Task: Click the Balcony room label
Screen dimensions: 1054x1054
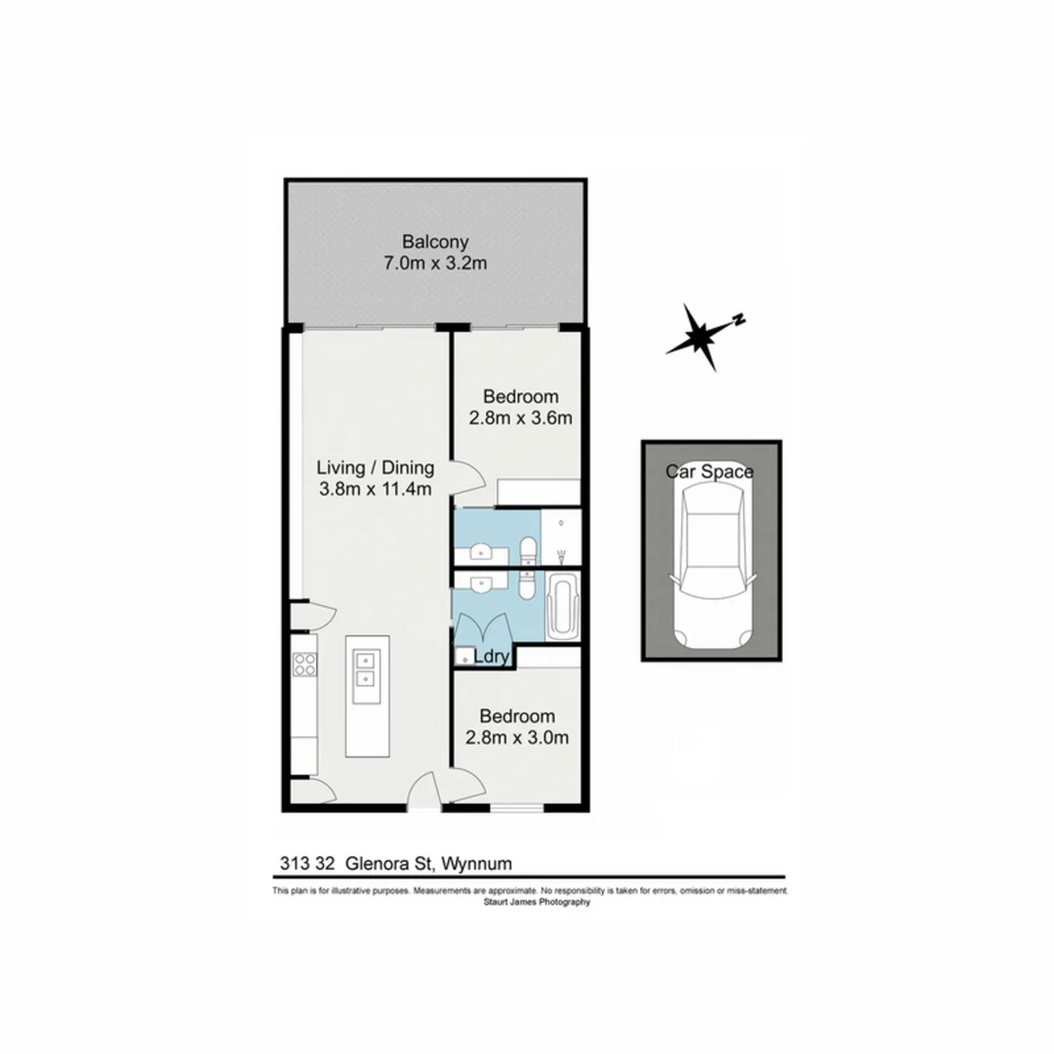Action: click(x=435, y=242)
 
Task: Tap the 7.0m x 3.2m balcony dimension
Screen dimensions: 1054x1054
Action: click(x=435, y=263)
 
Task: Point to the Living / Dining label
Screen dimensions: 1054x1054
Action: click(x=376, y=467)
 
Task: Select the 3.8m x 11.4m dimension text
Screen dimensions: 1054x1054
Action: click(x=376, y=489)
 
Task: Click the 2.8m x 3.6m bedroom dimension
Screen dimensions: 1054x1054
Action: click(x=521, y=418)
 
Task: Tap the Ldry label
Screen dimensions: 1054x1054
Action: click(x=492, y=658)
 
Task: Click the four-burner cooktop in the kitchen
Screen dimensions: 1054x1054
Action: click(x=304, y=665)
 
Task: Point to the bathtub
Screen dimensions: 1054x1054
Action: click(x=563, y=607)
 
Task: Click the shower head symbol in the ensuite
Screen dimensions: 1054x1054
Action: click(x=562, y=554)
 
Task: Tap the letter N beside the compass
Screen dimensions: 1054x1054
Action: click(x=740, y=319)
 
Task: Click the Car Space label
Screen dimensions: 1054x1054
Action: click(x=709, y=472)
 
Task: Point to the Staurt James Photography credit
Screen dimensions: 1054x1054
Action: click(x=537, y=903)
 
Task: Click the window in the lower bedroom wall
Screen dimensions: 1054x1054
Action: click(x=515, y=809)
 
